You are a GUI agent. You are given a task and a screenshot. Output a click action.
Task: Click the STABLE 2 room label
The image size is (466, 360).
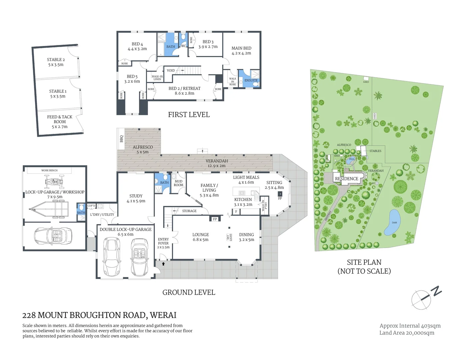(56, 62)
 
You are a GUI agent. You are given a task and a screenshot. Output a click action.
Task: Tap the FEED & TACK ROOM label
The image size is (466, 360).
(60, 121)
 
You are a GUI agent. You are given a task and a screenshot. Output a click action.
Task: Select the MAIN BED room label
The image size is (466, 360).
(241, 50)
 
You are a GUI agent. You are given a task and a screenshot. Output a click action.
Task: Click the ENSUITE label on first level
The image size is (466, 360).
(251, 80)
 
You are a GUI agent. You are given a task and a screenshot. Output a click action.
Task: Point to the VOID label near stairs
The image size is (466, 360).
(171, 71)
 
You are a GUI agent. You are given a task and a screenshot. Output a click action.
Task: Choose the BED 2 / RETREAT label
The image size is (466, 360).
(184, 91)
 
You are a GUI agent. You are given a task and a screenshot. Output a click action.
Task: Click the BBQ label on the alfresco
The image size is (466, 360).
(121, 139)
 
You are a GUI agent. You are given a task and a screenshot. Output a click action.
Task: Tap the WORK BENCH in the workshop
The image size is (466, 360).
(49, 170)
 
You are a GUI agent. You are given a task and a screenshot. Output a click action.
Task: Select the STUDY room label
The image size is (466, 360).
(136, 198)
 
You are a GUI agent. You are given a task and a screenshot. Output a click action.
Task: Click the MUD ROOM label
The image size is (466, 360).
(178, 183)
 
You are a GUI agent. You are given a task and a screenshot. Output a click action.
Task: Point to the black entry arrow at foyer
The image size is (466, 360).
(163, 264)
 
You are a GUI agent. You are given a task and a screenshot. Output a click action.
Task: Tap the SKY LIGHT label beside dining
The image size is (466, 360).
(229, 237)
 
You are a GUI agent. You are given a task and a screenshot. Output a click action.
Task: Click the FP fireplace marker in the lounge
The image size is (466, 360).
(215, 219)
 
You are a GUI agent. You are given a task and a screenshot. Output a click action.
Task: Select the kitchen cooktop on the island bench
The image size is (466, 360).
(242, 193)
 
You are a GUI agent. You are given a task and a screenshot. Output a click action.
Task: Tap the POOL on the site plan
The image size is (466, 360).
(351, 160)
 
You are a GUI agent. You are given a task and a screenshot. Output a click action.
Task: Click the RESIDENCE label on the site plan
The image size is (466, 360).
(346, 179)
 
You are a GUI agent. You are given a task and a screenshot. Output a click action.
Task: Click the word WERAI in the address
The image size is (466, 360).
(163, 315)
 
